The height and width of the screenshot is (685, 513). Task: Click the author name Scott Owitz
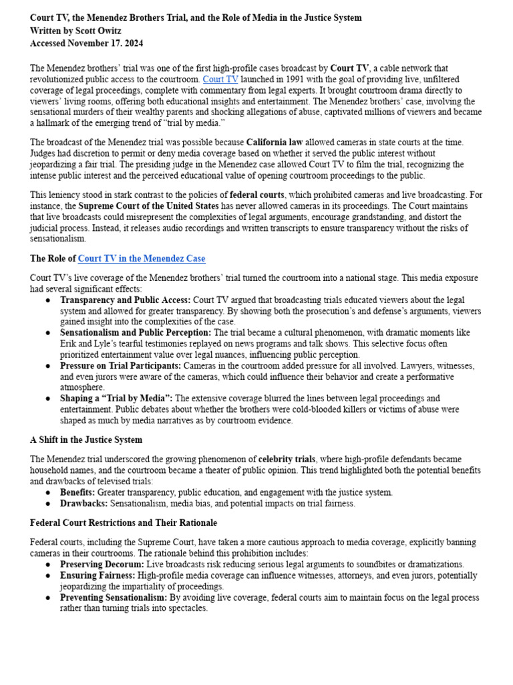point(100,31)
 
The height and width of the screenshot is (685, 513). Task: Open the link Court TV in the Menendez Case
point(142,258)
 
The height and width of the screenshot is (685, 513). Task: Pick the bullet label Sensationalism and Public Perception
point(136,332)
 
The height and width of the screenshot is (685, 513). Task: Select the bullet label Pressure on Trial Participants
point(120,366)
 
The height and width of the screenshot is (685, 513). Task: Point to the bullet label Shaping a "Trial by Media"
point(116,398)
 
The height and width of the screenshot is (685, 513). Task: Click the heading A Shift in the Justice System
point(86,439)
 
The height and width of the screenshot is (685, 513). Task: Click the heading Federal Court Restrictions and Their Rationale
point(124,522)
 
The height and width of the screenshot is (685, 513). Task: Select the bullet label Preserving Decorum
point(102,565)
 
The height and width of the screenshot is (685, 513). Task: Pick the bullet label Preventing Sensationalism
point(114,597)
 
